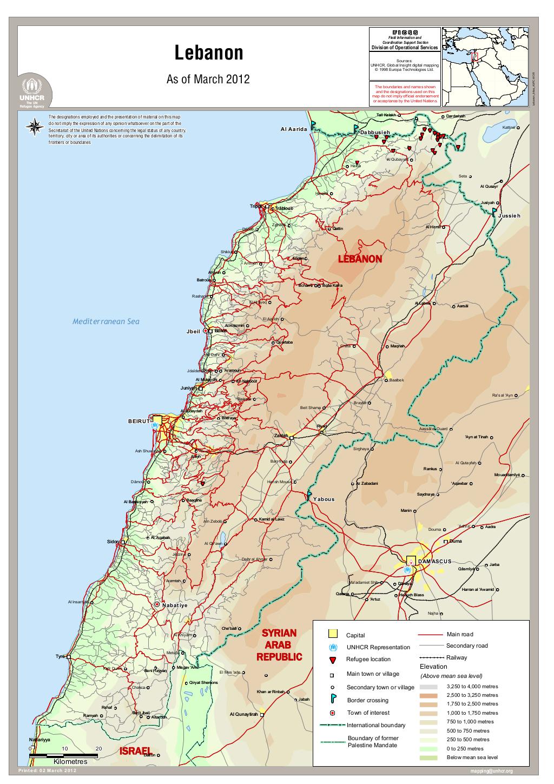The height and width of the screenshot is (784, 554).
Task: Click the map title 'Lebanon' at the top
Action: [x=208, y=54]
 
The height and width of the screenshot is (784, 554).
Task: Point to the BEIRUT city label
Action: [x=139, y=420]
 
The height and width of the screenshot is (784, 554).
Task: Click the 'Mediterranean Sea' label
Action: [x=106, y=321]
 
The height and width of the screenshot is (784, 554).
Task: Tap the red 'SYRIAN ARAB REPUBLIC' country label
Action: [x=279, y=645]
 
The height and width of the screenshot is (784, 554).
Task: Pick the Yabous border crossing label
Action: [x=324, y=499]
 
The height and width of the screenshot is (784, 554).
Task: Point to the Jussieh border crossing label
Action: [x=509, y=215]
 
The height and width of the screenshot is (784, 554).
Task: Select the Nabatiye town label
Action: [x=175, y=605]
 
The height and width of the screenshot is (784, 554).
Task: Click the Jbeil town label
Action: [x=193, y=331]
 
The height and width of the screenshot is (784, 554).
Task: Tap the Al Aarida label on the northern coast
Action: [x=294, y=129]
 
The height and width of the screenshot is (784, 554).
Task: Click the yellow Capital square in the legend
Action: [x=333, y=634]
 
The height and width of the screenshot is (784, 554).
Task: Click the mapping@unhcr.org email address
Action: [x=491, y=771]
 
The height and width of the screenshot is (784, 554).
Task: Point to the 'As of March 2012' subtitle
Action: [x=208, y=80]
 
